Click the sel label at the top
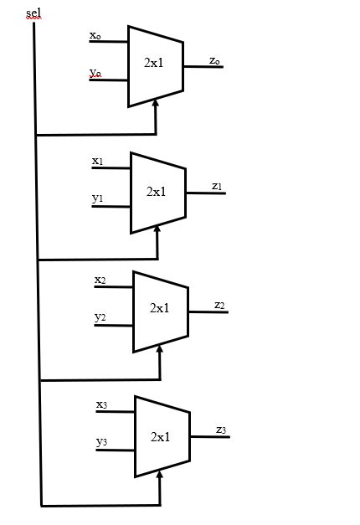click(x=33, y=13)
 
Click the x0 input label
click(x=95, y=36)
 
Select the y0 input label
click(x=95, y=74)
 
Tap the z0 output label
click(x=215, y=60)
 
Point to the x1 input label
click(x=97, y=160)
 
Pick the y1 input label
click(x=97, y=198)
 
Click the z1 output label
click(x=217, y=186)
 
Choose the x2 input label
click(x=100, y=280)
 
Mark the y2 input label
click(x=100, y=317)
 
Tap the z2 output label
click(x=219, y=305)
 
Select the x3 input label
click(x=101, y=404)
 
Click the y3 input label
click(x=101, y=441)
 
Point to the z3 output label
click(x=221, y=430)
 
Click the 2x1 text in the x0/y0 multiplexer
click(x=154, y=63)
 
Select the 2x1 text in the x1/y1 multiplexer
click(x=157, y=191)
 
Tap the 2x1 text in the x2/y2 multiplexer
click(x=160, y=308)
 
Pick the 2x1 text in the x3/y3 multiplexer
click(x=161, y=436)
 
